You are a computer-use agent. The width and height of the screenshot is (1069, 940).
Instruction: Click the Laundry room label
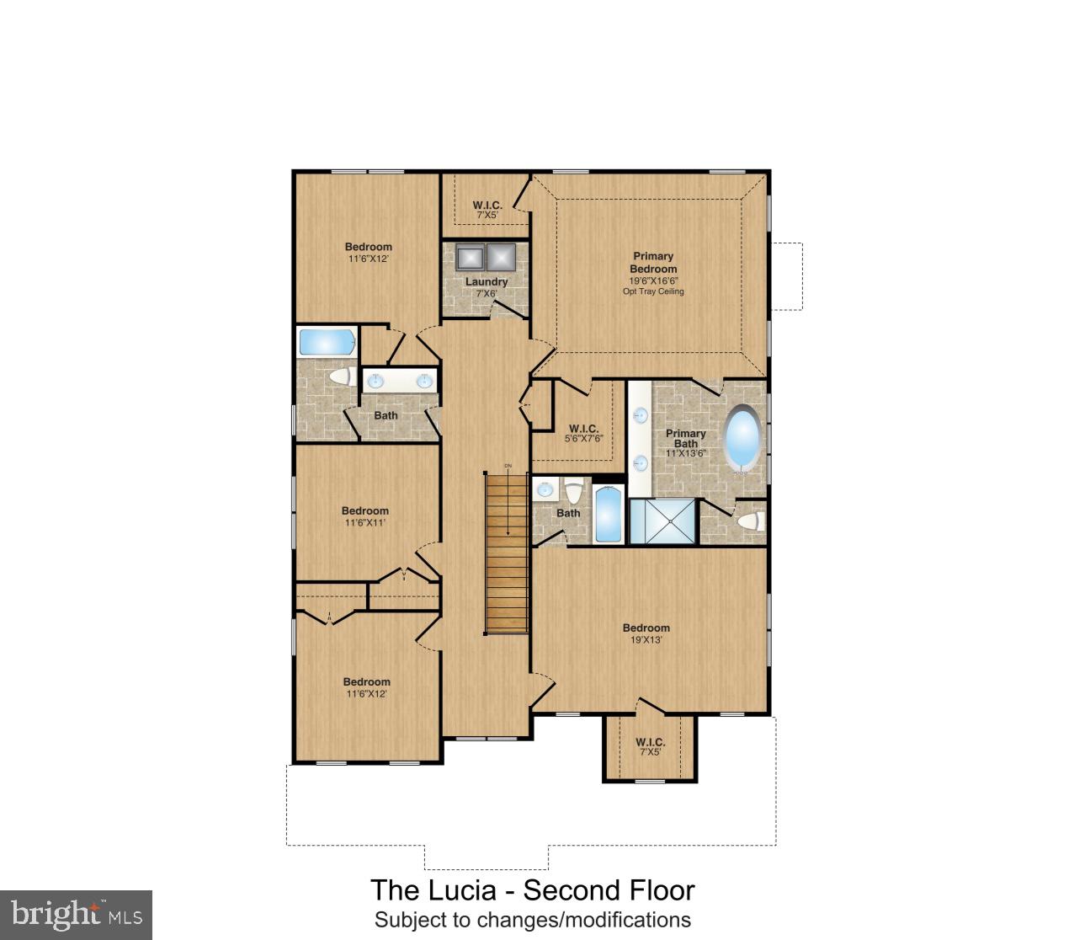tap(487, 281)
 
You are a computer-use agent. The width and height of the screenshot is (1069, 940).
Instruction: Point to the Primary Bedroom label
tap(653, 262)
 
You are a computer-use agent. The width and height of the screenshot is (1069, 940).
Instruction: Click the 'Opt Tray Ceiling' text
tap(653, 291)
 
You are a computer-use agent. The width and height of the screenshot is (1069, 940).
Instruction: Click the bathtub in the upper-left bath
tap(327, 342)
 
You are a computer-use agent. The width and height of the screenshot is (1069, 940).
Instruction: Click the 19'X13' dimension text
tap(646, 639)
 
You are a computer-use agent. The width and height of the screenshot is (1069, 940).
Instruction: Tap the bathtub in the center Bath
tap(607, 515)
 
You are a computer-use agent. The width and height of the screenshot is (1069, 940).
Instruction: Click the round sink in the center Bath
tap(545, 489)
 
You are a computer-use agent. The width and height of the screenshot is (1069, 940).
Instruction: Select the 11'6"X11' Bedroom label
tap(365, 510)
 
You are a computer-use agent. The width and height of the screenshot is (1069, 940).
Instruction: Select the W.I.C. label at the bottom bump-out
tap(650, 742)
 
